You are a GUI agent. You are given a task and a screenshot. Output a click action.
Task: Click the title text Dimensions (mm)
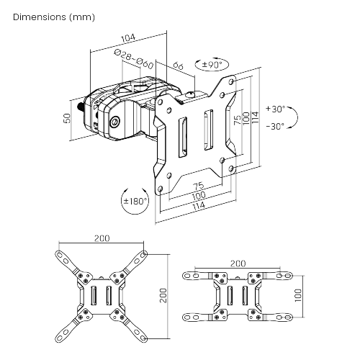click(54, 16)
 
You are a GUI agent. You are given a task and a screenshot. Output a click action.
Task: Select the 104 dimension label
click(128, 37)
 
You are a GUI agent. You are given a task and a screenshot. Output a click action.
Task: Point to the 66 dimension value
click(178, 66)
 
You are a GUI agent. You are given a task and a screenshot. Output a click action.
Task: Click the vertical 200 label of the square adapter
click(163, 295)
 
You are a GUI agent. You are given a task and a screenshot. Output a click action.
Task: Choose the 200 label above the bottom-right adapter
click(238, 264)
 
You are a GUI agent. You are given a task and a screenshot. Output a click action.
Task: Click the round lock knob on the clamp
click(116, 122)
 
